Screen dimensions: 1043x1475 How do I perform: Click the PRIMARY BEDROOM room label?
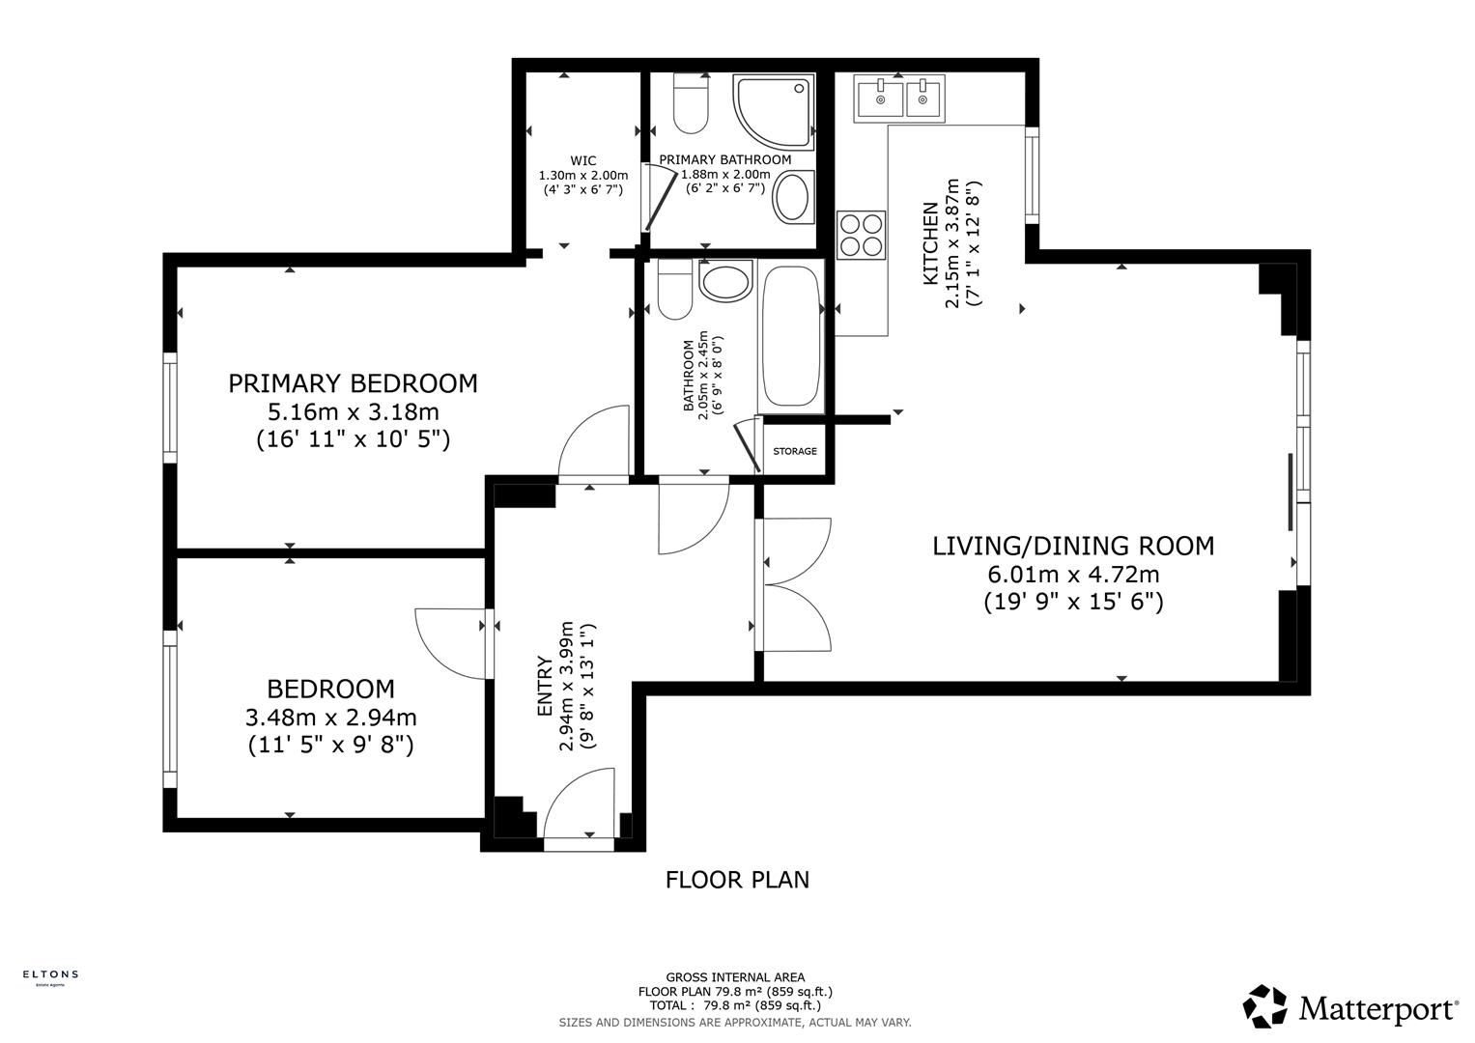pyautogui.click(x=353, y=383)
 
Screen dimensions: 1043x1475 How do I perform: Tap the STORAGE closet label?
pyautogui.click(x=794, y=451)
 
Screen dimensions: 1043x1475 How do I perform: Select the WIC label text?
pyautogui.click(x=582, y=160)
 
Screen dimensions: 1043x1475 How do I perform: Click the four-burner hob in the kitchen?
pyautogui.click(x=861, y=234)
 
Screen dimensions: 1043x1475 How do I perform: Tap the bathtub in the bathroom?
pyautogui.click(x=791, y=337)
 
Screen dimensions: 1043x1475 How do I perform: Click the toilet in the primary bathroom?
pyautogui.click(x=691, y=105)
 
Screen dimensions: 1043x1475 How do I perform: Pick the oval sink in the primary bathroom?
pyautogui.click(x=793, y=197)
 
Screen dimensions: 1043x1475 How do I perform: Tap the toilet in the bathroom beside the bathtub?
pyautogui.click(x=673, y=289)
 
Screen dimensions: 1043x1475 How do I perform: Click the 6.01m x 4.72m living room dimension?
pyautogui.click(x=1072, y=575)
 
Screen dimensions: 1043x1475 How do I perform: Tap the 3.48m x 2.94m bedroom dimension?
pyautogui.click(x=330, y=718)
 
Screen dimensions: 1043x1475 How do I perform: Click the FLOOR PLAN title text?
pyautogui.click(x=737, y=880)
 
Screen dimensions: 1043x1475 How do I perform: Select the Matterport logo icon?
pyautogui.click(x=1264, y=1007)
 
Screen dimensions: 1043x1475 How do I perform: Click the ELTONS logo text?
pyautogui.click(x=50, y=974)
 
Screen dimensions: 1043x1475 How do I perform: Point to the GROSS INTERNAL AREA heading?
pyautogui.click(x=735, y=977)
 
